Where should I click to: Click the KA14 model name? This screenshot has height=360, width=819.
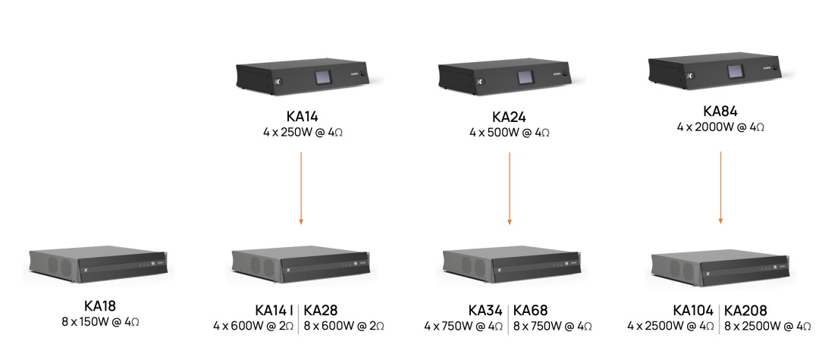[x=302, y=116]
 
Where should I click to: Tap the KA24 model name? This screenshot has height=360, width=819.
[x=510, y=117]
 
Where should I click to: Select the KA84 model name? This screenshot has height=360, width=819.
[x=720, y=111]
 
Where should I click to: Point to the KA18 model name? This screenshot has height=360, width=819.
[x=100, y=305]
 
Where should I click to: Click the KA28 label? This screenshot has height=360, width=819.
[x=321, y=311]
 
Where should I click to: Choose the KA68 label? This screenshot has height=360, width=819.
[x=531, y=311]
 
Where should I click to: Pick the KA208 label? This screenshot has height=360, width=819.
[x=746, y=311]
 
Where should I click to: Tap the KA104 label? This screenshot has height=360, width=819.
[x=693, y=311]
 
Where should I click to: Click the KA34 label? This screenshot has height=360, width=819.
[x=485, y=311]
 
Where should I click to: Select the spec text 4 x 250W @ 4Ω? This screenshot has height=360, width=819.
[x=303, y=133]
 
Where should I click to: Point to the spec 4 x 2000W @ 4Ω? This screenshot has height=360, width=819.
[x=721, y=127]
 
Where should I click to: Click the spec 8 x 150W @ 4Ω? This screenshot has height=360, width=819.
[x=100, y=321]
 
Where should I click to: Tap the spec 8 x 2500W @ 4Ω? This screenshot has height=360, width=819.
[x=767, y=327]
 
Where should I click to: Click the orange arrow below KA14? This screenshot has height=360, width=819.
[x=301, y=189]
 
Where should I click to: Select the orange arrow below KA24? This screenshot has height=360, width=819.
[x=510, y=189]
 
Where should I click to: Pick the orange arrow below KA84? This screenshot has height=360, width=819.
[x=721, y=188]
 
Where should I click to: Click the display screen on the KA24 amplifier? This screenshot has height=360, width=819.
[x=526, y=77]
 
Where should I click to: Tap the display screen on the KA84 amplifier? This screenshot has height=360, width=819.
[x=736, y=71]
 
